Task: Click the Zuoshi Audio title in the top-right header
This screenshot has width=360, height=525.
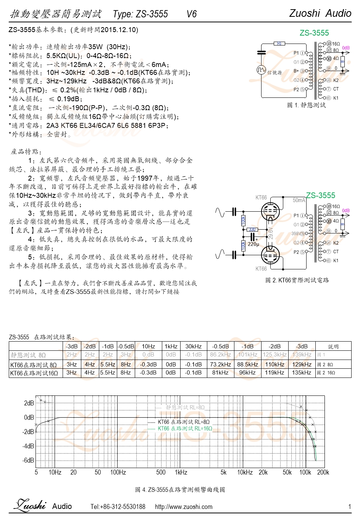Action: [320, 13]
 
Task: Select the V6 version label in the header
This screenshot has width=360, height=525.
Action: [192, 14]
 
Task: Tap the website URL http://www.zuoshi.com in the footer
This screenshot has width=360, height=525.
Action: [184, 507]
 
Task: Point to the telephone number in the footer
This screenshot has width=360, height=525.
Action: [118, 507]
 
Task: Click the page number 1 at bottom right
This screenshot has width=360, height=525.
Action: [349, 507]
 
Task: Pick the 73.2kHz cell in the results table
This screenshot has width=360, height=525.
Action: [220, 365]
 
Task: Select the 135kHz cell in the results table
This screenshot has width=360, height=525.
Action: [302, 373]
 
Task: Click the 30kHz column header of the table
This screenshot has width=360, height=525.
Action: [194, 347]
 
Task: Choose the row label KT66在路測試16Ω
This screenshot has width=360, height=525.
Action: [34, 373]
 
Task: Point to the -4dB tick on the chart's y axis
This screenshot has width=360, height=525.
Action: [29, 446]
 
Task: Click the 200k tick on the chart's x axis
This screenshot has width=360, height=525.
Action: [323, 472]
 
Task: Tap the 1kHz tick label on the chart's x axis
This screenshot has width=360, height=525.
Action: [181, 472]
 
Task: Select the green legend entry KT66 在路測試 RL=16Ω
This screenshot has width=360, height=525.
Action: [185, 428]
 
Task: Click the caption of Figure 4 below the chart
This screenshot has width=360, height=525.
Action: [180, 489]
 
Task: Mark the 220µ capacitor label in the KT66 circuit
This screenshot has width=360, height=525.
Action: [253, 244]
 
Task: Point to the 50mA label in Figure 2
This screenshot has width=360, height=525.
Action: [299, 200]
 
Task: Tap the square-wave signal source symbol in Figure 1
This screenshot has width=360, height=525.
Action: [261, 70]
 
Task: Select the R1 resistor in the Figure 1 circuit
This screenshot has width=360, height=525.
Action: [279, 44]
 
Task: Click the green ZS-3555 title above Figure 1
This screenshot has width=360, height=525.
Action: [314, 33]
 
